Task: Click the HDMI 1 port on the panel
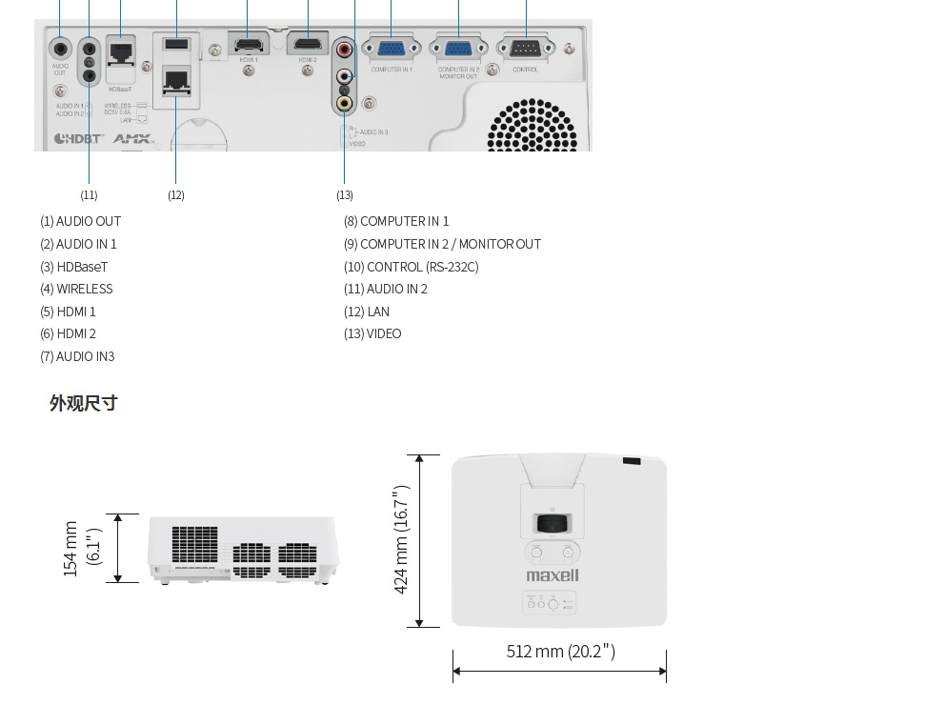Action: click(x=248, y=45)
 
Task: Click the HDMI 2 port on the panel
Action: click(x=307, y=45)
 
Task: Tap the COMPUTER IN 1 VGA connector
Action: click(x=391, y=50)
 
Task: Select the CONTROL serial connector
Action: click(x=525, y=50)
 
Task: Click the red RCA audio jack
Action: click(x=345, y=48)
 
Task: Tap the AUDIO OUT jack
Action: click(x=60, y=48)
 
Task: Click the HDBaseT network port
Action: click(x=120, y=51)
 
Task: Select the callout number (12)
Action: click(x=176, y=195)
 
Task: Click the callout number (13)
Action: click(x=345, y=195)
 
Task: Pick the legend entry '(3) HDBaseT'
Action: click(x=73, y=267)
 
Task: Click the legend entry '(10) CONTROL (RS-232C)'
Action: click(x=411, y=267)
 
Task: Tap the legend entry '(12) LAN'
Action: click(x=367, y=312)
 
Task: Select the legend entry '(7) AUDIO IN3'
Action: click(x=77, y=356)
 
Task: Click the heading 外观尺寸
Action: click(x=84, y=403)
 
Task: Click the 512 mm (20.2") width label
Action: click(x=560, y=652)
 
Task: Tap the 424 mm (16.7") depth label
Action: click(x=401, y=539)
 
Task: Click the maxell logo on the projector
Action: click(x=553, y=575)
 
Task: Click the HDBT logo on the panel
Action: click(x=78, y=139)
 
